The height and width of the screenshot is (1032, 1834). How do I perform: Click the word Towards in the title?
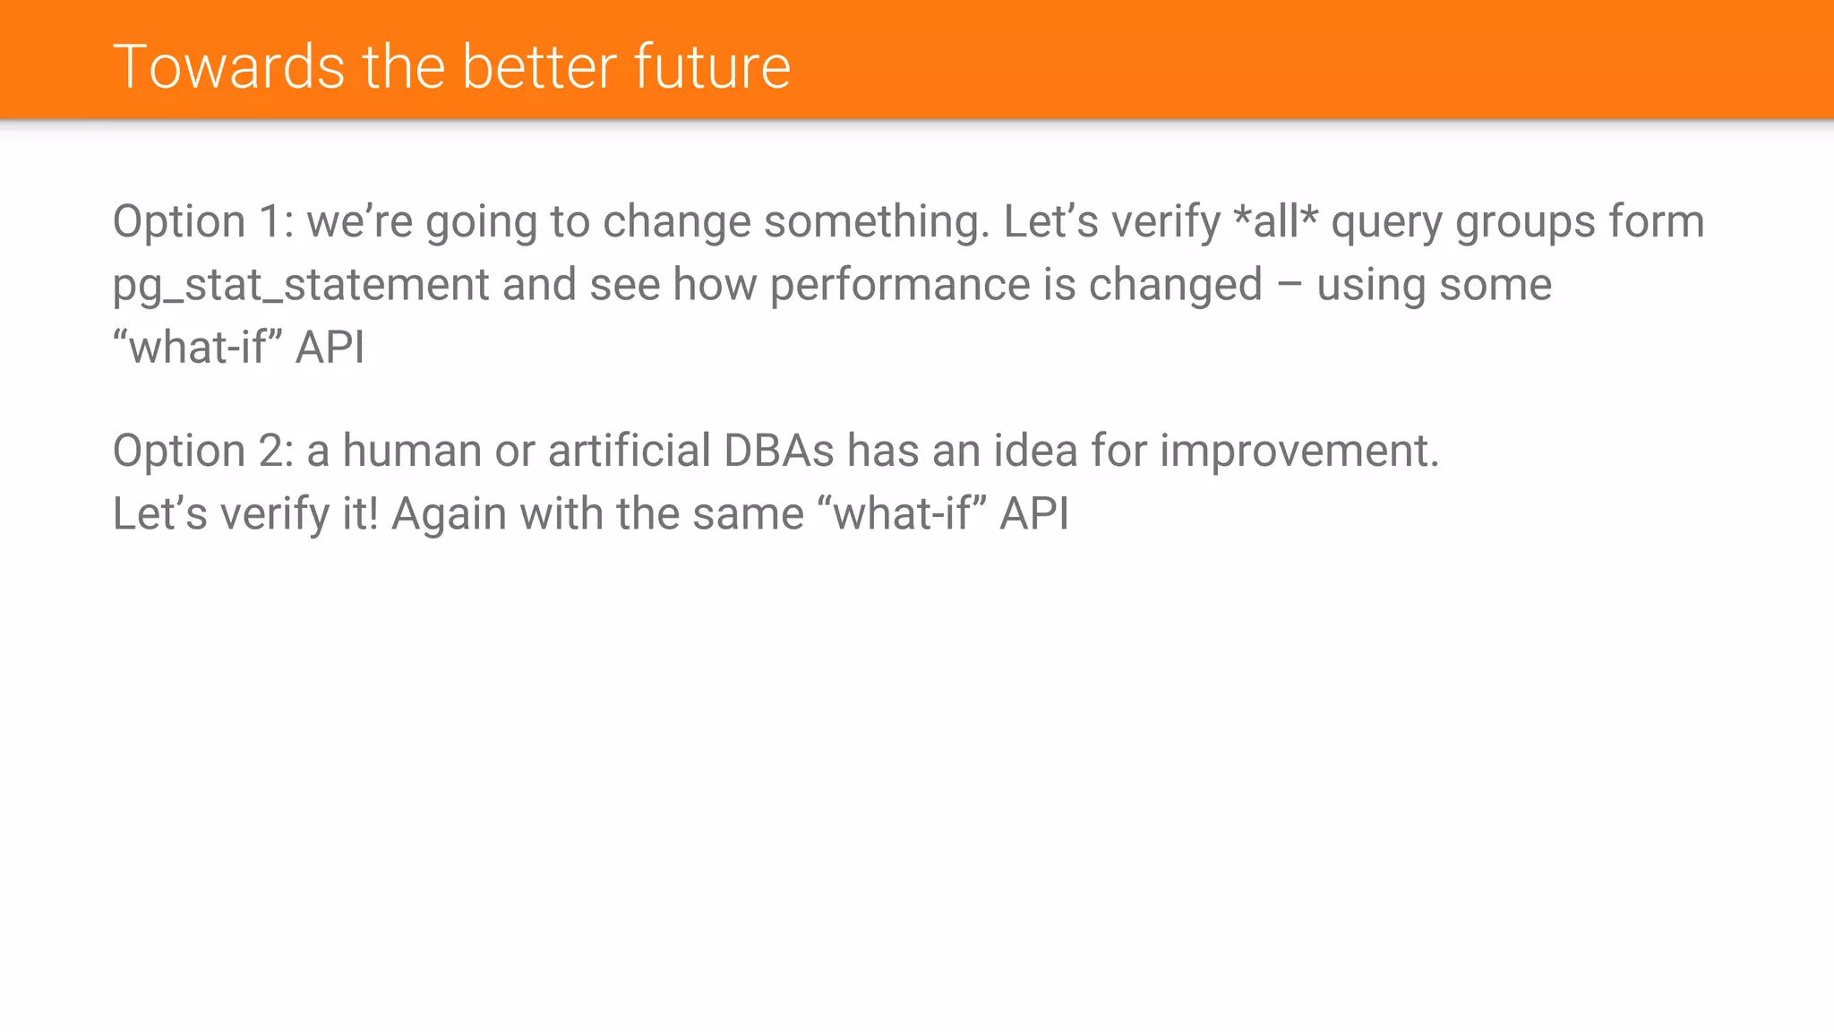(229, 67)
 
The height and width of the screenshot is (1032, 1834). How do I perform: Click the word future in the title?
(712, 67)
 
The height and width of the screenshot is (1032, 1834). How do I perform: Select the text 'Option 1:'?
(203, 221)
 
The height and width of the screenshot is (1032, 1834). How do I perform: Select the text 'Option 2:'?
(203, 451)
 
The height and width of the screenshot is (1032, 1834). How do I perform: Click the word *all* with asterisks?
(1275, 221)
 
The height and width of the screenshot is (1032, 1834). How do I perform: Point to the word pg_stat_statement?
(301, 285)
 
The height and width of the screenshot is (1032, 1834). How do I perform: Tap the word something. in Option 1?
(877, 221)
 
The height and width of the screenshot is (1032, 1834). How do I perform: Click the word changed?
(1175, 285)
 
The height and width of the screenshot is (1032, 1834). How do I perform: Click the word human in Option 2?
(412, 451)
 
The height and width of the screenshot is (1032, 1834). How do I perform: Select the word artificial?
(629, 451)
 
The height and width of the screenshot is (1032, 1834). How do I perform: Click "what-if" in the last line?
(902, 514)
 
